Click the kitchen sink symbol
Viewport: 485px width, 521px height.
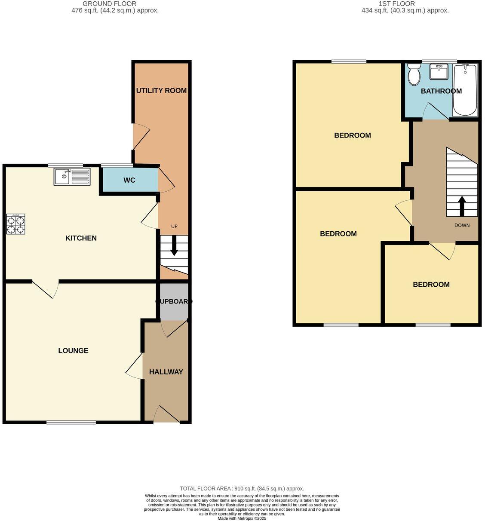coord(72,176)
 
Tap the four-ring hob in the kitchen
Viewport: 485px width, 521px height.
coord(15,224)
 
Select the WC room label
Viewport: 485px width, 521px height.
coord(129,180)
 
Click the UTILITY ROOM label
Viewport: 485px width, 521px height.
coord(161,90)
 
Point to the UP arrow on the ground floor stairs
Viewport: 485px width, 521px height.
coord(174,248)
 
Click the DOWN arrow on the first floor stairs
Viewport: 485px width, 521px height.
coord(462,205)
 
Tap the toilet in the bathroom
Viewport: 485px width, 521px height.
coord(414,74)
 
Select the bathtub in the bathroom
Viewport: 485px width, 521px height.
coord(465,90)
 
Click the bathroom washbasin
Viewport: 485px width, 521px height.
coord(439,72)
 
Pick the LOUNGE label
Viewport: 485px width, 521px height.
coord(74,351)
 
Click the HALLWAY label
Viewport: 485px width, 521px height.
coord(166,372)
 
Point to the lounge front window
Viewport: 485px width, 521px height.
coord(71,422)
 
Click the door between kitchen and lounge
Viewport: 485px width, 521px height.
coord(46,288)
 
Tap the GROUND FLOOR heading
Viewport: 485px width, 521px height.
coord(109,4)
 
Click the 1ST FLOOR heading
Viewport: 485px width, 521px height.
coord(396,4)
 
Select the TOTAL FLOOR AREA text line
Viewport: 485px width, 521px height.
coord(242,488)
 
